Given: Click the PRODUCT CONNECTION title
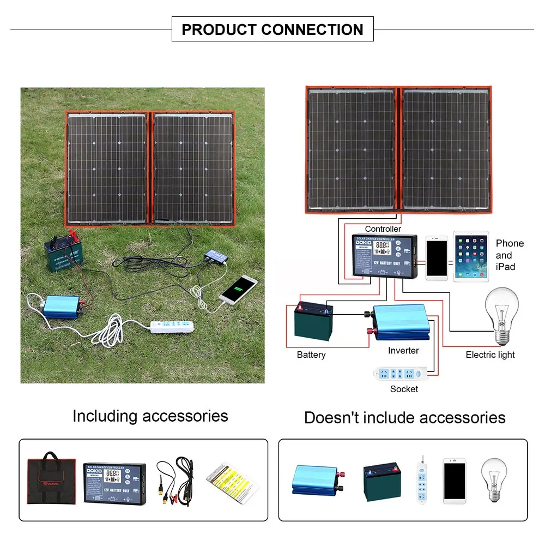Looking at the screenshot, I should coord(272,29).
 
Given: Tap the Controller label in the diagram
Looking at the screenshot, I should coord(383,229).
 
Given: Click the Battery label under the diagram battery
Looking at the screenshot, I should coord(311,355).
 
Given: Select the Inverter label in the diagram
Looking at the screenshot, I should coord(403,351).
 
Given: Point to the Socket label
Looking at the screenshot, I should coord(404,389).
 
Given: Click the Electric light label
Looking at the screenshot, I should coord(490,355).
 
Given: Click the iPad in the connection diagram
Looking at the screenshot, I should coord(471,256).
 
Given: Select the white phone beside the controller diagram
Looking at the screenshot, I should coord(437,257).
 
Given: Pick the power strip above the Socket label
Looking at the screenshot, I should coord(402,374).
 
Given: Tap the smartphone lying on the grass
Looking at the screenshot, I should coord(239,289).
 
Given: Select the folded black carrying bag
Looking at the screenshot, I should coord(51,480).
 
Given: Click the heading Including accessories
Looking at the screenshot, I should coord(150,416).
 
